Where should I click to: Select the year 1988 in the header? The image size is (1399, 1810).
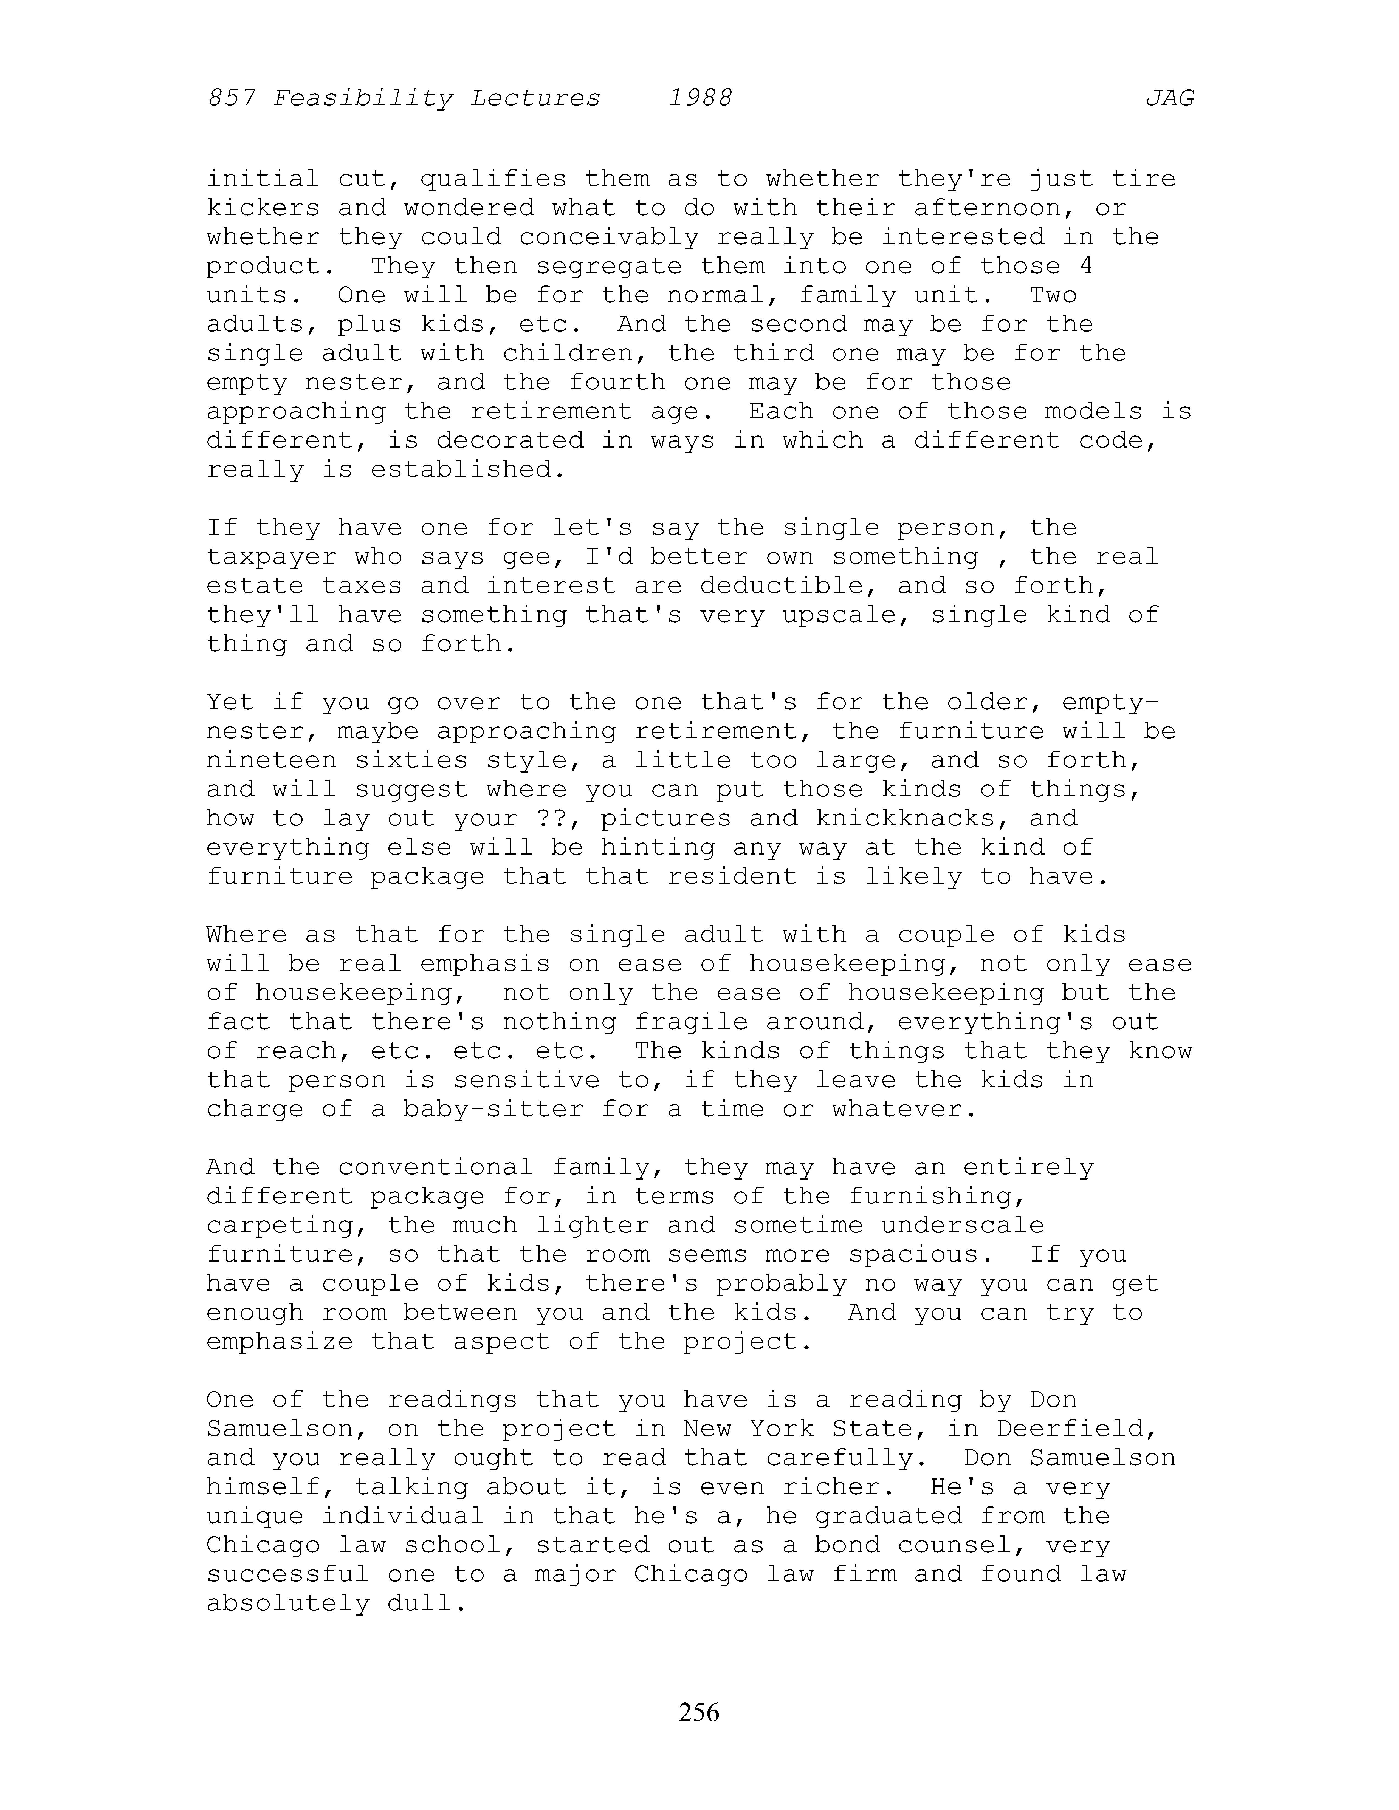(x=700, y=99)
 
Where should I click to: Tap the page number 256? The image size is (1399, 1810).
(x=699, y=1711)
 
